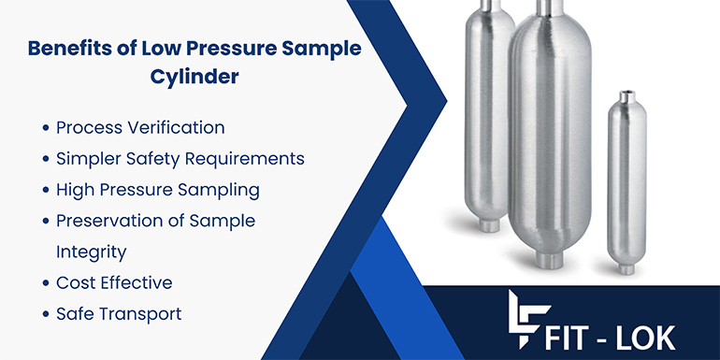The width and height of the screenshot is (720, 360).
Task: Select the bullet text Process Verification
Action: [140, 127]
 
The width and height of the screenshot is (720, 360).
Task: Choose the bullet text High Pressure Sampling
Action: [157, 189]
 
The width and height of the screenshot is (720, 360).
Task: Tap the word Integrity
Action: [91, 252]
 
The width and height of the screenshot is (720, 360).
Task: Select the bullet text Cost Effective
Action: [114, 282]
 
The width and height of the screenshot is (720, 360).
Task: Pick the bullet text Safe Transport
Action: [119, 313]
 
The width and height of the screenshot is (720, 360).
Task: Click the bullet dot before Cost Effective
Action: [46, 283]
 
